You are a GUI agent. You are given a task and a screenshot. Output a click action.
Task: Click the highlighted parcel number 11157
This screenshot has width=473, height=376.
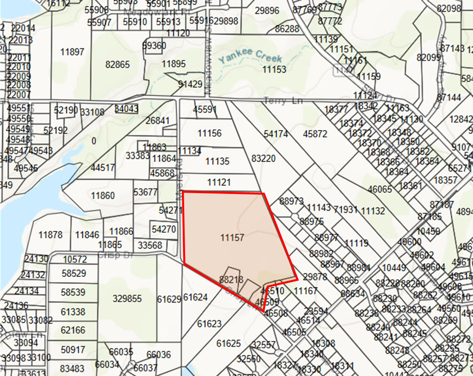232,237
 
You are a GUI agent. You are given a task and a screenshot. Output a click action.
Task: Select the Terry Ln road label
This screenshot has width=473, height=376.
283,101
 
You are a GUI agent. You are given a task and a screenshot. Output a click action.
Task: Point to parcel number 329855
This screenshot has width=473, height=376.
127,299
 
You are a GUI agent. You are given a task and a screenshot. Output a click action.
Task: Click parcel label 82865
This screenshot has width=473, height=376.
117,64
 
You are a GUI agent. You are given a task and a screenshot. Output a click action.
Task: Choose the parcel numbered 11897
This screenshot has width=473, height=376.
72,52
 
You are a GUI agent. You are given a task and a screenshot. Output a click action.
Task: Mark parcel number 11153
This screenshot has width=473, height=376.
274,69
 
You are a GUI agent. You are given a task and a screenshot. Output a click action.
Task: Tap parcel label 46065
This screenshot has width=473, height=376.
379,189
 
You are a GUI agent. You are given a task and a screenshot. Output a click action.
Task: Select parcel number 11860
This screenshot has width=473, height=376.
103,196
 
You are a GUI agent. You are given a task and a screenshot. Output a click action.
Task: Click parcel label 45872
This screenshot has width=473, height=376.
315,134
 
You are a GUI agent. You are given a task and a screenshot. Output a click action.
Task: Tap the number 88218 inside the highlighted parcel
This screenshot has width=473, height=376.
231,279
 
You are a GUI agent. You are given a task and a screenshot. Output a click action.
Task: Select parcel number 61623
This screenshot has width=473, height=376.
209,324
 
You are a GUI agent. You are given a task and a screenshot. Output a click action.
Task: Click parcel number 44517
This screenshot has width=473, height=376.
103,168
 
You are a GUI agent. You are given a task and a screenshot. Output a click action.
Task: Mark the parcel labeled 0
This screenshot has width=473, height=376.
94,141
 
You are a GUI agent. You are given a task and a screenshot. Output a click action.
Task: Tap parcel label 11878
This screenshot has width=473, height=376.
50,235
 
